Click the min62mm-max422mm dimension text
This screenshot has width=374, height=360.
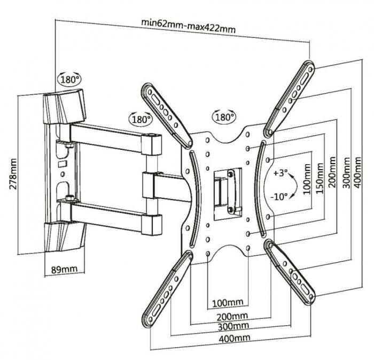tap(188, 24)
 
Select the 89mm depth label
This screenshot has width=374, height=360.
tap(59, 269)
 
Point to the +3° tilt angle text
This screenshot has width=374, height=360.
tap(279, 174)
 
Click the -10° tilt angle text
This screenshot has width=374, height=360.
tap(279, 196)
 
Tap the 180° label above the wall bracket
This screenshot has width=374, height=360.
tap(69, 79)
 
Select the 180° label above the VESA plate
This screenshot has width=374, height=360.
tap(224, 117)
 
